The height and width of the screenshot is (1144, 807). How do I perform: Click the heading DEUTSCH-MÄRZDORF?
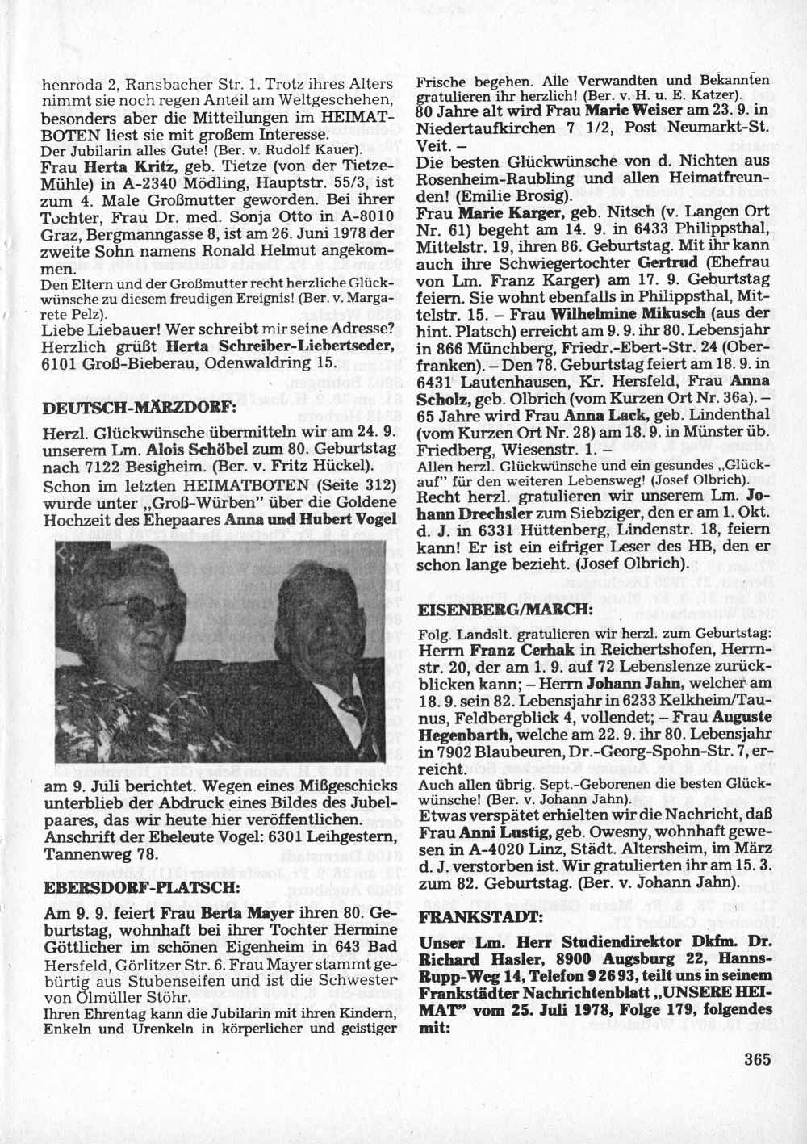coord(137,408)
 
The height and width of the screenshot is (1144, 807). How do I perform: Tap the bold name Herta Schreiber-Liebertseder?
coord(279,346)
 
